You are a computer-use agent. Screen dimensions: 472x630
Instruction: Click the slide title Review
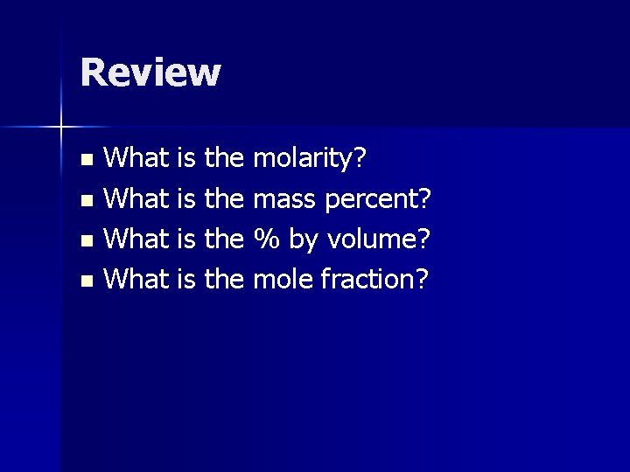[x=150, y=73]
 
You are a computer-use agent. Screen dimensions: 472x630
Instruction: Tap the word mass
[x=285, y=200]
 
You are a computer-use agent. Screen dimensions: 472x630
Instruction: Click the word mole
[x=283, y=279]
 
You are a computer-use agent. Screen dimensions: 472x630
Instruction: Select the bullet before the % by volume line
[x=86, y=240]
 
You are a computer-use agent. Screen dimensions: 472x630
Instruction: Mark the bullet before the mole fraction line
[x=86, y=281]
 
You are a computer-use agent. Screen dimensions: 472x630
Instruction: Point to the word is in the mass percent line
[x=185, y=200]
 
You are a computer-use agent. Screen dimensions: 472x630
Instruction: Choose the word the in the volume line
[x=223, y=239]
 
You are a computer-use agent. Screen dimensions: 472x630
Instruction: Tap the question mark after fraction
[x=422, y=279]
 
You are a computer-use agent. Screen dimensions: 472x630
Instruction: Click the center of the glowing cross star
[x=61, y=128]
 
